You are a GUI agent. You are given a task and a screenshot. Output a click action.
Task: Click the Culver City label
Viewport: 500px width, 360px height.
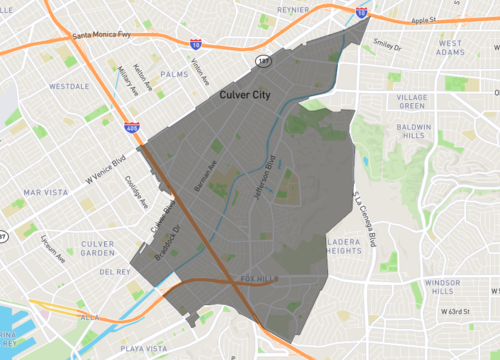(x=247, y=93)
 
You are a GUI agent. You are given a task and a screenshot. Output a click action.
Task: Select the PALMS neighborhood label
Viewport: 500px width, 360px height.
(x=174, y=73)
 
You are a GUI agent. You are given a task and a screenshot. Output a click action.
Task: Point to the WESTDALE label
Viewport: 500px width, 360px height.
(x=68, y=86)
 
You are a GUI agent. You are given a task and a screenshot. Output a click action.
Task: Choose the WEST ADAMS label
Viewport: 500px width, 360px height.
(x=450, y=49)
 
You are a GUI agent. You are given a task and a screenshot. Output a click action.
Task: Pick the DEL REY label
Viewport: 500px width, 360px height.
(x=115, y=271)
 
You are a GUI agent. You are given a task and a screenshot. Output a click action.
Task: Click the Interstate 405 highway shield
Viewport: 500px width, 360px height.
(x=133, y=128)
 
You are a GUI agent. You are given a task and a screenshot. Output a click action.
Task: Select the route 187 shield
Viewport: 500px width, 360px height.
(x=263, y=62)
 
